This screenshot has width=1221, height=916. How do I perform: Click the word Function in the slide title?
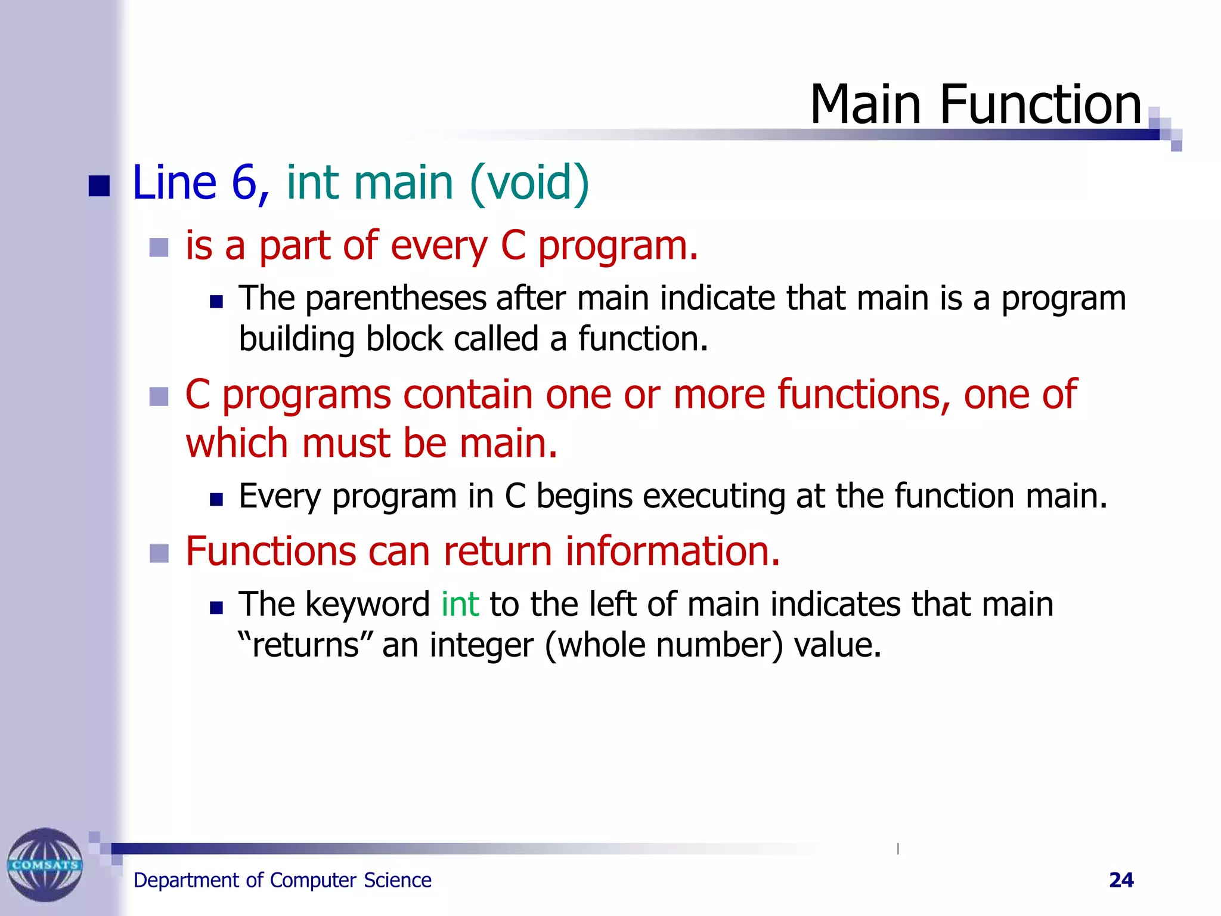(x=1040, y=105)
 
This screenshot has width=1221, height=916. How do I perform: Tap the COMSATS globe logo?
(x=45, y=864)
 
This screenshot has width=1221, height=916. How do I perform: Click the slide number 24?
(x=1121, y=880)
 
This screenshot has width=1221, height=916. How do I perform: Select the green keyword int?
(x=460, y=604)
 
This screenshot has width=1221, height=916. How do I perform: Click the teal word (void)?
(x=529, y=182)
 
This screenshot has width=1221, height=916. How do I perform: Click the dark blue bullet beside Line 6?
(x=99, y=186)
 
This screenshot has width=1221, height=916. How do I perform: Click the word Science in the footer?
(x=398, y=880)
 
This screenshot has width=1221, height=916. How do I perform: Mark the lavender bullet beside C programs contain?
(x=159, y=397)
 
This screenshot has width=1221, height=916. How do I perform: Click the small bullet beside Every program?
(x=216, y=499)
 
